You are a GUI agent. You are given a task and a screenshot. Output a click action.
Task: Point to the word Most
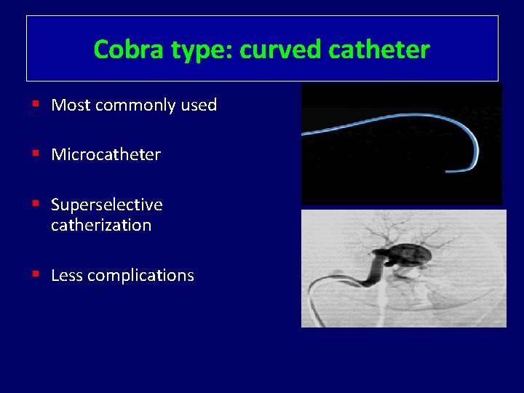point(71,106)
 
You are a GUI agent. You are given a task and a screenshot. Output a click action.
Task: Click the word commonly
point(135,106)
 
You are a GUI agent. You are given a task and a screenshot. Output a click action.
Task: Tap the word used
point(199,106)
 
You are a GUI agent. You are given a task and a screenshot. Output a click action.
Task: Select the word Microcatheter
point(106,155)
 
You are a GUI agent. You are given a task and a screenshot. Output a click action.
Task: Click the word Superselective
point(106,205)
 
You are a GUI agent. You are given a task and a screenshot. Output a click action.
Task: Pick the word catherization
point(101,226)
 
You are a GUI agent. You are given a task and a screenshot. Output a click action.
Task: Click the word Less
point(67,276)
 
